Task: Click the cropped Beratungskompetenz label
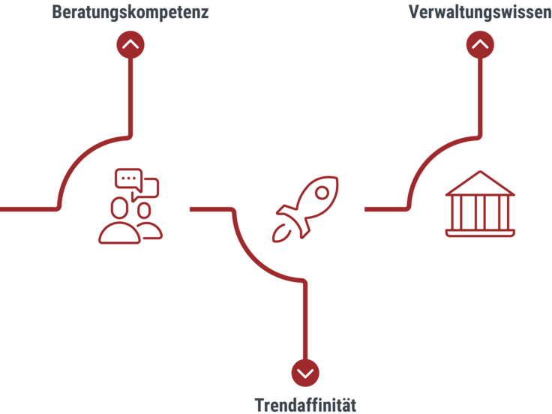pos(130,11)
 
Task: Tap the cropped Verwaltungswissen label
pos(480,11)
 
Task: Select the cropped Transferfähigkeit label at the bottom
pos(305,406)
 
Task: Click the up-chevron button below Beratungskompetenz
pos(130,44)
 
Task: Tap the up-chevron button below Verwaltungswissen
pos(480,44)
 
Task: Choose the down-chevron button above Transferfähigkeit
pos(305,372)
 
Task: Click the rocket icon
pos(305,208)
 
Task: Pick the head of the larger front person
pos(119,206)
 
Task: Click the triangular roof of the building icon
pos(480,182)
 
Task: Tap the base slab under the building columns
pos(480,232)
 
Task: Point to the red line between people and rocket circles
pos(213,209)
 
